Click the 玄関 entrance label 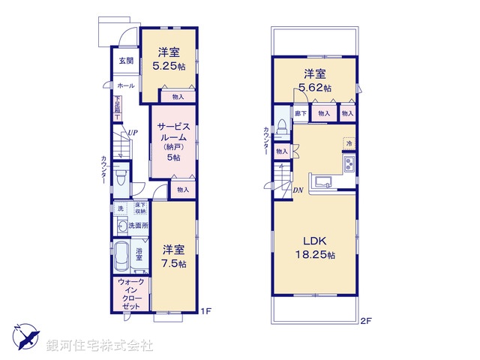(124, 61)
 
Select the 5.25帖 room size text (169, 66)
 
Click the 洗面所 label (138, 225)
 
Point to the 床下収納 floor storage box (139, 208)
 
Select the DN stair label (297, 190)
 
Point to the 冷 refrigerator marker (349, 142)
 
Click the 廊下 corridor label (299, 112)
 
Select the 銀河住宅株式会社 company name (100, 345)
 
